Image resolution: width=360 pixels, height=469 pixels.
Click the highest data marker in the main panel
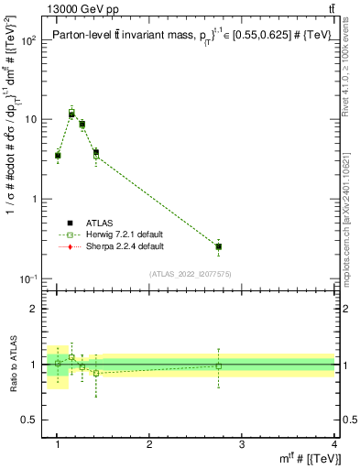[71, 115]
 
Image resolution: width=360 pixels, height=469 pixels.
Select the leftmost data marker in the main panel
[58, 156]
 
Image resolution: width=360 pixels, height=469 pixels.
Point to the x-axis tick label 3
[242, 444]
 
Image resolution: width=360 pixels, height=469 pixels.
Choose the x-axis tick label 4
[334, 444]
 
